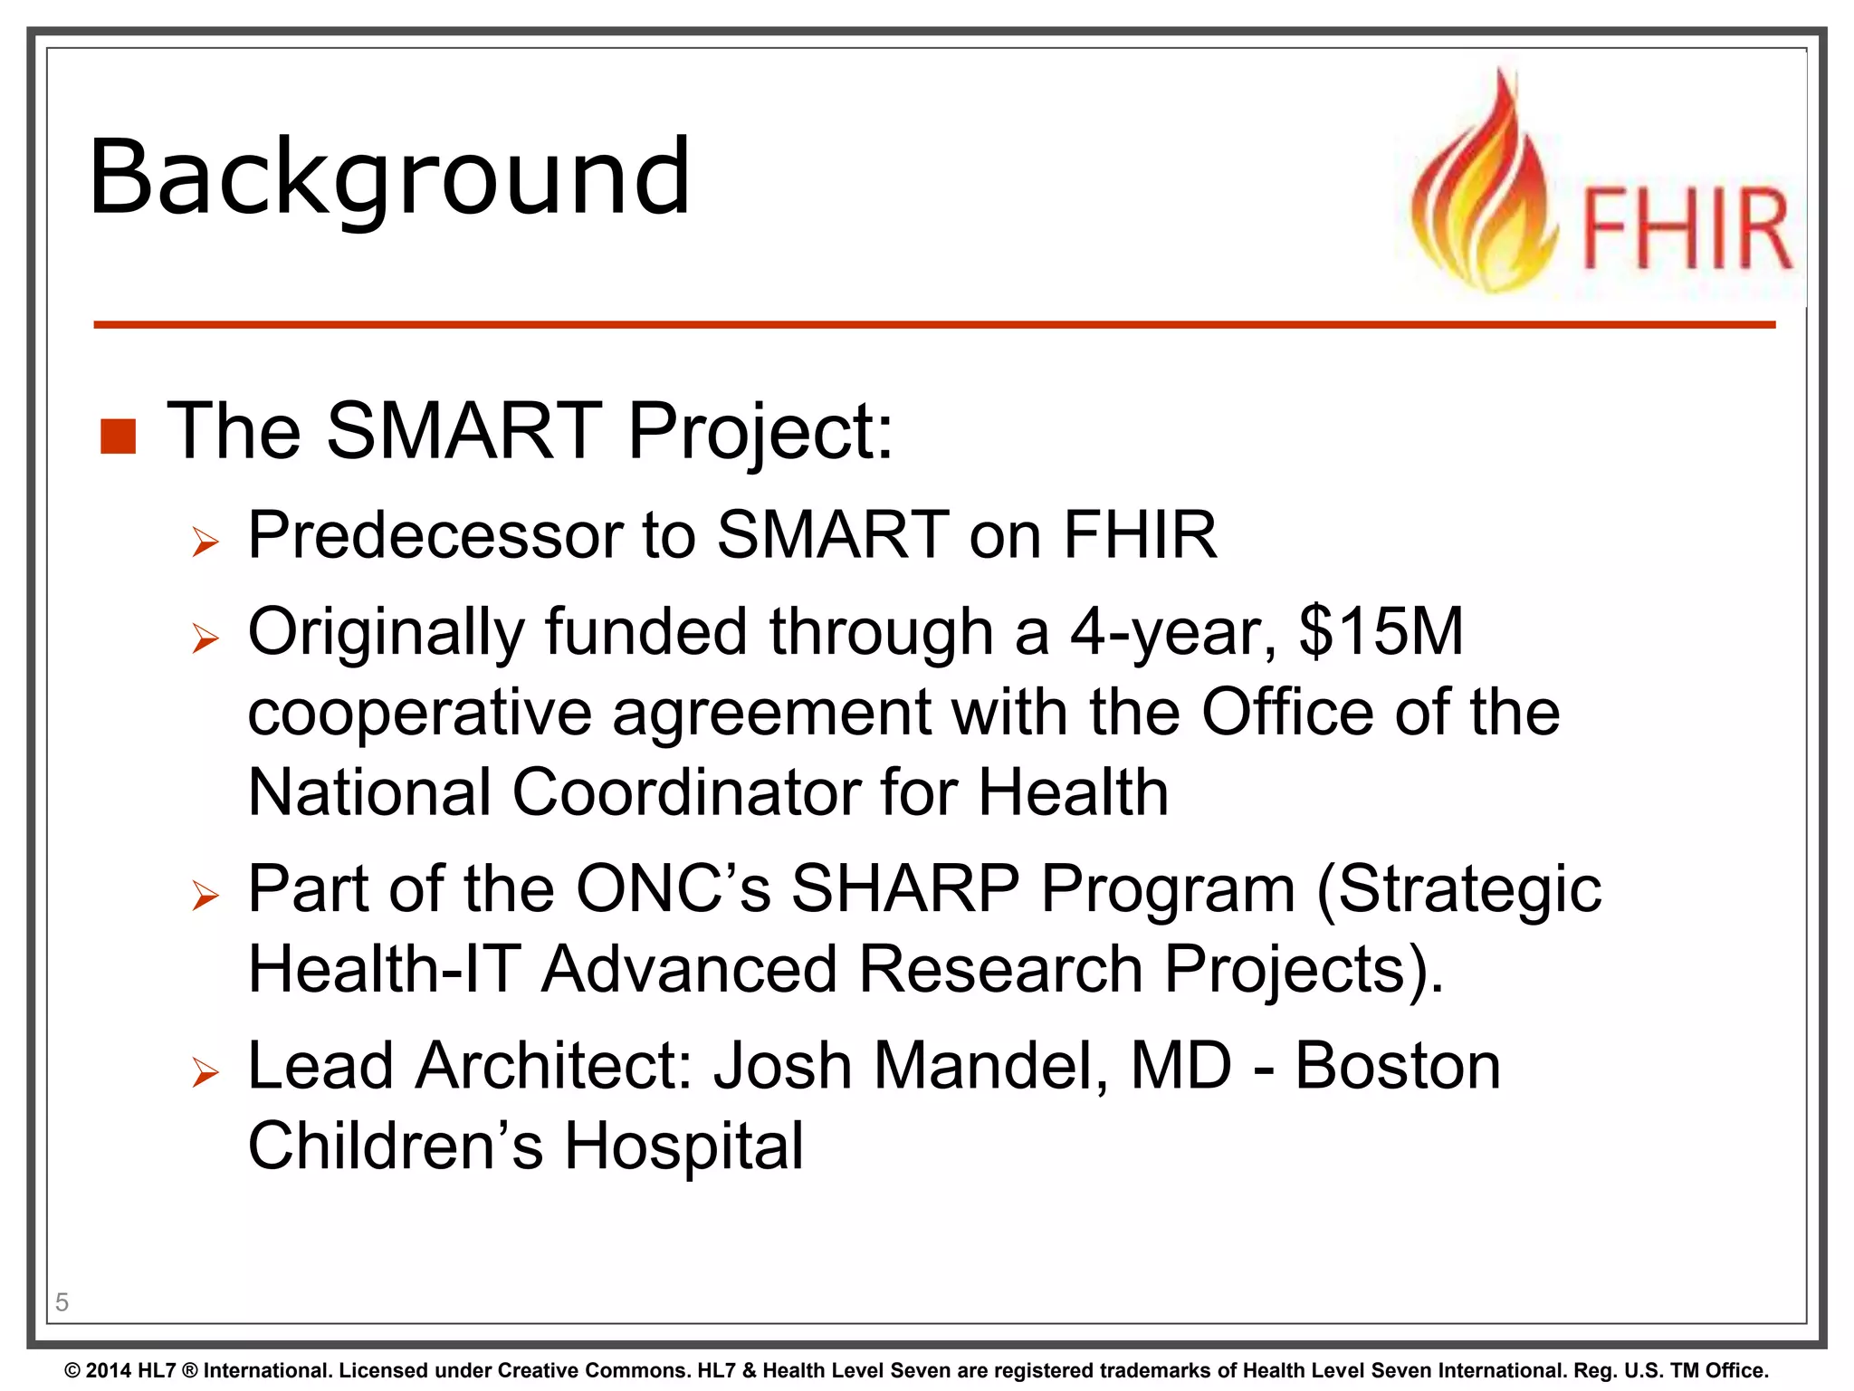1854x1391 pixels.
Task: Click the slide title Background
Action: click(x=389, y=177)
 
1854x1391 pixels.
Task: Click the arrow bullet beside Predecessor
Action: click(x=205, y=542)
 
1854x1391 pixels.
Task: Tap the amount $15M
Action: click(x=1381, y=631)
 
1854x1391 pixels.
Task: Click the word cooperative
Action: click(x=419, y=713)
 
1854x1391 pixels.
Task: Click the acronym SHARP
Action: click(x=905, y=888)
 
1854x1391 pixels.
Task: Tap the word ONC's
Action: click(x=673, y=888)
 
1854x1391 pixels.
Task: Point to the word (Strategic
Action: click(x=1458, y=890)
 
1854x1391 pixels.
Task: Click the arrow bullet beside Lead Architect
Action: click(x=205, y=1073)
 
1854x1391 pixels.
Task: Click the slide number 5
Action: click(x=62, y=1302)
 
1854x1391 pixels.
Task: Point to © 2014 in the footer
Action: click(x=98, y=1371)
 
